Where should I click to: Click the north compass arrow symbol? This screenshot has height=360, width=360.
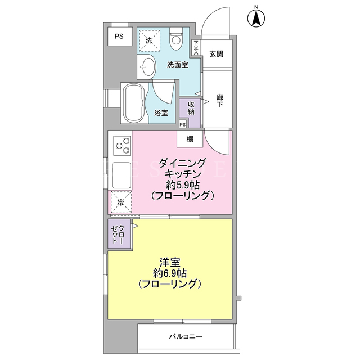point(256,18)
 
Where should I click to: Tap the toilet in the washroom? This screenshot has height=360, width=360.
point(176,38)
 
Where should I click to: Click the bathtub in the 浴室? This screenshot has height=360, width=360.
point(134,103)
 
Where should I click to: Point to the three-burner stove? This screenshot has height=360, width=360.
point(122,146)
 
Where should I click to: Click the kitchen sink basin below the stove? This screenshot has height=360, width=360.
point(121,175)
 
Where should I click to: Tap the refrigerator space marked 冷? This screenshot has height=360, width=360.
point(121,202)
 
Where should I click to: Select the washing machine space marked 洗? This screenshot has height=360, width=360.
point(149,40)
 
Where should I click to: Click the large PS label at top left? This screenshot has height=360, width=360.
point(119,36)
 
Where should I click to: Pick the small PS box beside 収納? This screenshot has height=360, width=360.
point(183,124)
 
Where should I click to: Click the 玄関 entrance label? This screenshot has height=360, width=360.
point(216,54)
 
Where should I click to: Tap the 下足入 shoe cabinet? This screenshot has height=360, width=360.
point(196,47)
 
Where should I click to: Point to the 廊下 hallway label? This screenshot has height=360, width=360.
point(220,101)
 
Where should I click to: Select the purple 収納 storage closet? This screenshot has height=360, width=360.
point(191,113)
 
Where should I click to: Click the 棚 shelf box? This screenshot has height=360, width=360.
point(190,139)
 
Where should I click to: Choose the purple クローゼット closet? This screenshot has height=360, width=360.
point(119,234)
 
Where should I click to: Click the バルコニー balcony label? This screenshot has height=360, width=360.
point(186,336)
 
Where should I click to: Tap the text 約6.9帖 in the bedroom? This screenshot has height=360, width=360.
point(170,273)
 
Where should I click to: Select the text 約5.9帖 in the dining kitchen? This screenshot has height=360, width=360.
point(183,185)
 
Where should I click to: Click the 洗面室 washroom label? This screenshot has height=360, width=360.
point(178,65)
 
